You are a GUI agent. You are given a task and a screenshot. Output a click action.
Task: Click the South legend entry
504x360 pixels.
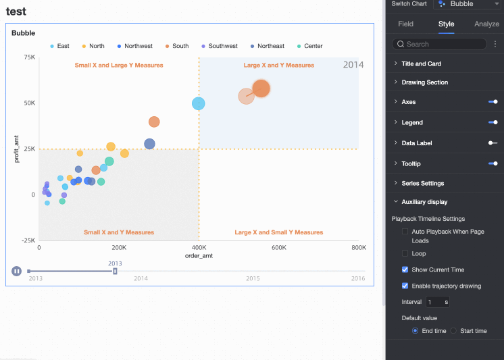[176, 46]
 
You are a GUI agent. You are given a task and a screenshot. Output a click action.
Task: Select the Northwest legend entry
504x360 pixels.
[134, 46]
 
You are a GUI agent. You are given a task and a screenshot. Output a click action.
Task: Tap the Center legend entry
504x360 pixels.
[309, 46]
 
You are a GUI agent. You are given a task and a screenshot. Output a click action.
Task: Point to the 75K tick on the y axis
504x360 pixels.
[29, 57]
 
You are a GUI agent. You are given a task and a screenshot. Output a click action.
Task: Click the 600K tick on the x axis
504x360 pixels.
[279, 248]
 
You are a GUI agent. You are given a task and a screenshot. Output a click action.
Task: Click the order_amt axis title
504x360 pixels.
[199, 256]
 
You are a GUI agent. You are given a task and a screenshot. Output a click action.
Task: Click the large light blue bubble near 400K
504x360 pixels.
[199, 103]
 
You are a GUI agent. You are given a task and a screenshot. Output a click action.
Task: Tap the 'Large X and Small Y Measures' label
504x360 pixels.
[279, 232]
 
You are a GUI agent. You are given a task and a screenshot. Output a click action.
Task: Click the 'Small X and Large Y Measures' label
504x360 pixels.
[119, 66]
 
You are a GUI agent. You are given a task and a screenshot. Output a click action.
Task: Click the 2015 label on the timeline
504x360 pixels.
[253, 278]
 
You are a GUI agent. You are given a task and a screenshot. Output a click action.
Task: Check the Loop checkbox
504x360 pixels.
[405, 253]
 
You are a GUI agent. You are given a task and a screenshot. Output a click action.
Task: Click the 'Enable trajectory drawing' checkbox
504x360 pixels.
[405, 286]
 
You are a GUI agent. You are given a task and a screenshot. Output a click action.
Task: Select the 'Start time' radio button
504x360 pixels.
[454, 331]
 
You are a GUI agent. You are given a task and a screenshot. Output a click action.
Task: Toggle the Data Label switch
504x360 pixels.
[493, 143]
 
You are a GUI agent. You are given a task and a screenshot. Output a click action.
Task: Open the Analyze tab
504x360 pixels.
[486, 24]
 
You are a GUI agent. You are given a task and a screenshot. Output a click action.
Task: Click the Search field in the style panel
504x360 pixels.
[440, 44]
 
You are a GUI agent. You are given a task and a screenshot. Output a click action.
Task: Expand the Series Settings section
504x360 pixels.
[422, 183]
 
